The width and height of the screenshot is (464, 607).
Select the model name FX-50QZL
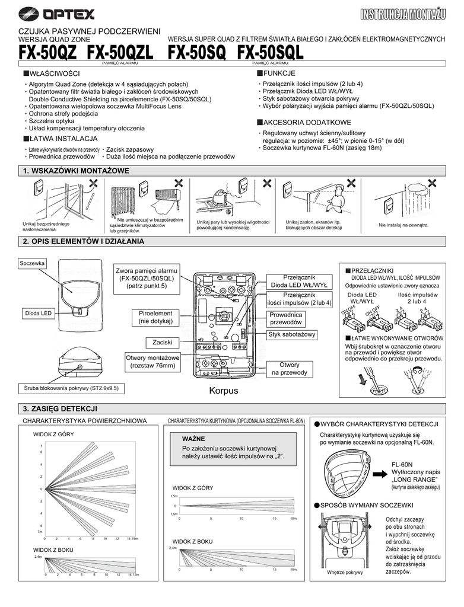[x=120, y=53]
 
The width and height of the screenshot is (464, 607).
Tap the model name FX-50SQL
[x=270, y=53]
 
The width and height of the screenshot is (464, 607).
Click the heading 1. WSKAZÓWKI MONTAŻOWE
[x=75, y=171]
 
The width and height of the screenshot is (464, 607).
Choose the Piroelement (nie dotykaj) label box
[x=155, y=317]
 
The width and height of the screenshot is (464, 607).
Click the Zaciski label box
[x=162, y=343]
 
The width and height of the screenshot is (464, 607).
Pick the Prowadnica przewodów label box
[x=286, y=318]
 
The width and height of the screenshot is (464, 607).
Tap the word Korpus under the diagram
[x=223, y=391]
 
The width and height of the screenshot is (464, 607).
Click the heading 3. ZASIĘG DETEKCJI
[x=60, y=409]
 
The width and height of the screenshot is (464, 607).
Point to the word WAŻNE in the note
[x=193, y=439]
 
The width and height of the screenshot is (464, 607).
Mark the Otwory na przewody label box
[x=290, y=369]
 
